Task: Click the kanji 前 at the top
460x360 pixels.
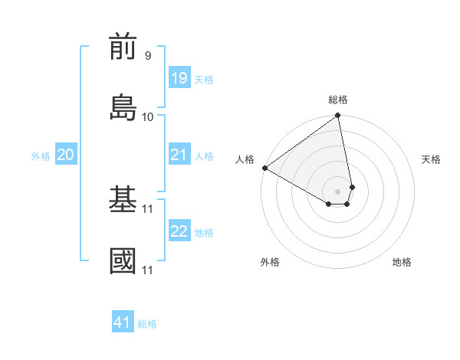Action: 123,47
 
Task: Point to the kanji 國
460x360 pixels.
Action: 123,260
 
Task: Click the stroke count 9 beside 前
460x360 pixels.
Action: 148,55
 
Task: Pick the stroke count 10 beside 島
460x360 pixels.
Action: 148,116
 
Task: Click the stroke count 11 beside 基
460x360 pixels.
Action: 148,208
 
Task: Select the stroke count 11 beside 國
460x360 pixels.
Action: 148,270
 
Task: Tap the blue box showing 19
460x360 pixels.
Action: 179,78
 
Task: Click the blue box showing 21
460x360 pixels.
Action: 179,155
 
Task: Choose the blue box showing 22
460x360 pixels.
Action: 179,231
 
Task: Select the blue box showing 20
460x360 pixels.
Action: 65,155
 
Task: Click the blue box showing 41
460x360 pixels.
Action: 123,322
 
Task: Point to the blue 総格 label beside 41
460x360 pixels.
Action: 147,324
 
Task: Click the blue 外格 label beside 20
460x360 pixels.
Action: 41,156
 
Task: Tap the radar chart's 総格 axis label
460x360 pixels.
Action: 338,100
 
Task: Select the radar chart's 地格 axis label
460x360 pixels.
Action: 402,262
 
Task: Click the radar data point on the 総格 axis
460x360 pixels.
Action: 338,116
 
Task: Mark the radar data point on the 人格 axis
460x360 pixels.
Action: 264,168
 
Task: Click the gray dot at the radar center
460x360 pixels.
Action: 338,191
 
